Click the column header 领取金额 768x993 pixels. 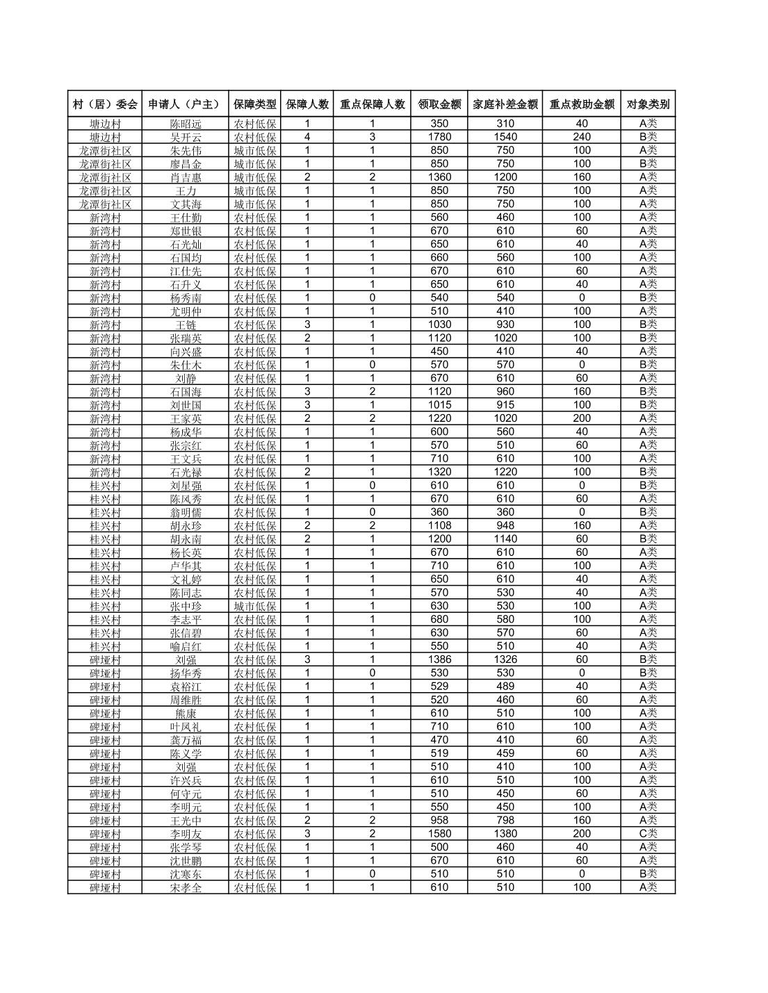click(439, 104)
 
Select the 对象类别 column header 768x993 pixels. click(648, 104)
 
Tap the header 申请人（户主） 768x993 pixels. click(185, 104)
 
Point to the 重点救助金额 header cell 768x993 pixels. click(582, 104)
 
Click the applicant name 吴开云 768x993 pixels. click(186, 137)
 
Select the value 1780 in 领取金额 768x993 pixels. click(439, 137)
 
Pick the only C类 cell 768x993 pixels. click(648, 833)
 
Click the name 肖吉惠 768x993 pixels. click(186, 177)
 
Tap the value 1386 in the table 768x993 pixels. click(439, 659)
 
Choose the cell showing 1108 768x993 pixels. click(439, 525)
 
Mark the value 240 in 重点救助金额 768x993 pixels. click(582, 137)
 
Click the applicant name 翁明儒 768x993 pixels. click(186, 512)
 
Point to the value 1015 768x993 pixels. click(439, 404)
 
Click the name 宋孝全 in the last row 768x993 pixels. click(186, 887)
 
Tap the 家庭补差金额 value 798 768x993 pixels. click(505, 820)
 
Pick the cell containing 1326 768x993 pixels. click(505, 659)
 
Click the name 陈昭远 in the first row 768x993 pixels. click(186, 124)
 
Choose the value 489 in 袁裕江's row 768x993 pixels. click(505, 686)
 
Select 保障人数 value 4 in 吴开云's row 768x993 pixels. click(307, 137)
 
